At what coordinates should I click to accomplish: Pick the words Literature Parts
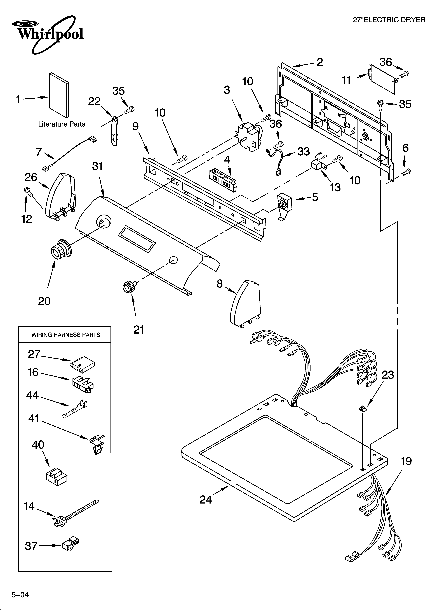(62, 124)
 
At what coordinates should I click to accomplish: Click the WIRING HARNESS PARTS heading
(66, 335)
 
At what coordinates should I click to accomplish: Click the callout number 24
(206, 500)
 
